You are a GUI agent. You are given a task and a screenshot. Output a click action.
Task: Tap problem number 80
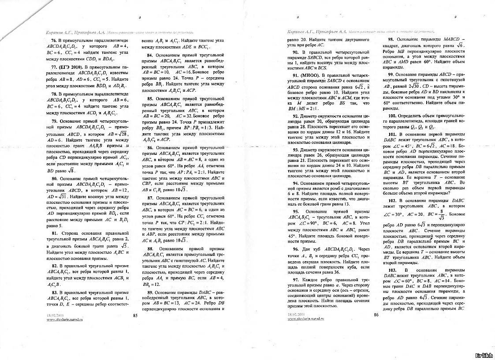coord(55,179)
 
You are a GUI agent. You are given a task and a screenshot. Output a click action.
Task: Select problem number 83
coord(55,292)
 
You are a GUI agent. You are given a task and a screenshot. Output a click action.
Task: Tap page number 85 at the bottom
coord(135,315)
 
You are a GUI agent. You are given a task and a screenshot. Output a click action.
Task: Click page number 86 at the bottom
coord(376,315)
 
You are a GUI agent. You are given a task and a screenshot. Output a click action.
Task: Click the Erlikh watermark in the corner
coord(484,355)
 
